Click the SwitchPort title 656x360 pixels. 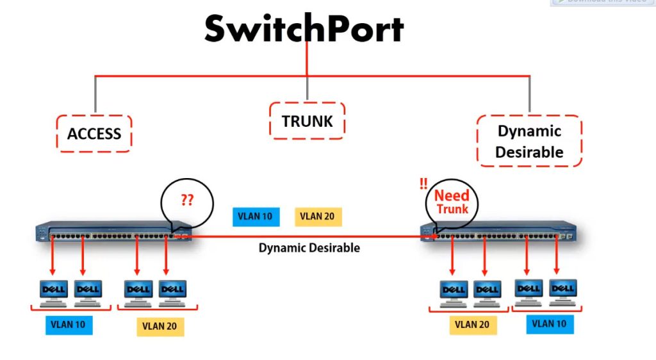pyautogui.click(x=304, y=29)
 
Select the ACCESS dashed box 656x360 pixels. pyautogui.click(x=94, y=133)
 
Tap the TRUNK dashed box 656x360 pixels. pyautogui.click(x=307, y=120)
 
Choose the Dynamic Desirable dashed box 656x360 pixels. pyautogui.click(x=529, y=141)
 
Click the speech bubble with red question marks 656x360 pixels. pyautogui.click(x=186, y=202)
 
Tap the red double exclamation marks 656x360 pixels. pyautogui.click(x=423, y=184)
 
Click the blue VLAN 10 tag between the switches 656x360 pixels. pyautogui.click(x=255, y=216)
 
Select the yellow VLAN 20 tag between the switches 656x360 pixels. pyautogui.click(x=318, y=216)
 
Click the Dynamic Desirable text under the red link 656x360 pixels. pyautogui.click(x=309, y=248)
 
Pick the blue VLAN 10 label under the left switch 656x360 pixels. pyautogui.click(x=69, y=324)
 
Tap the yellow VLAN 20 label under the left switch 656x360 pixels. pyautogui.click(x=160, y=326)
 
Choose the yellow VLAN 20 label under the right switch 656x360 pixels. pyautogui.click(x=472, y=325)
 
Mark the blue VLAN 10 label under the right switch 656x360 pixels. pyautogui.click(x=550, y=323)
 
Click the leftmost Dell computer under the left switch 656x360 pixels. pyautogui.click(x=54, y=291)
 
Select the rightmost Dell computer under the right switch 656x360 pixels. pyautogui.click(x=563, y=290)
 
